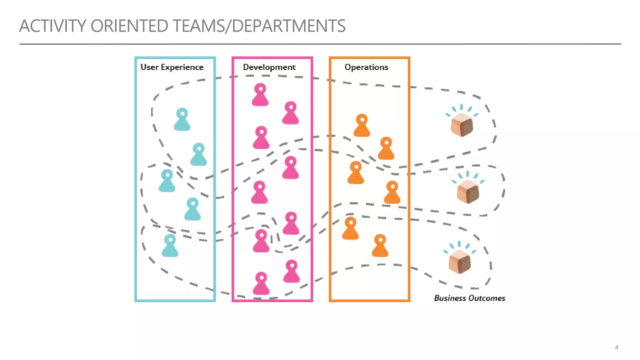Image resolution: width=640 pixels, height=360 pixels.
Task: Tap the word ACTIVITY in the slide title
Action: [52, 26]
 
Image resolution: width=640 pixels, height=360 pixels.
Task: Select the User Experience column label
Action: [172, 67]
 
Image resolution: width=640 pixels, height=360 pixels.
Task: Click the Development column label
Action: [269, 67]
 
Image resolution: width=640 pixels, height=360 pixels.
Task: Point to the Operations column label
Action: [366, 67]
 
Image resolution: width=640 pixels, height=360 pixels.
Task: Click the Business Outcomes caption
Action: [469, 298]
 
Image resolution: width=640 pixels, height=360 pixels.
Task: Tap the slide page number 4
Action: [616, 347]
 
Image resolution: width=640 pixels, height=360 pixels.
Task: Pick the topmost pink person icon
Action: [260, 95]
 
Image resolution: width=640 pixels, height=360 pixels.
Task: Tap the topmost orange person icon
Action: [362, 126]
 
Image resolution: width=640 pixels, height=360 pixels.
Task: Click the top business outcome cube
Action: [462, 125]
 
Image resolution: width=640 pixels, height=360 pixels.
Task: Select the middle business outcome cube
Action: [468, 191]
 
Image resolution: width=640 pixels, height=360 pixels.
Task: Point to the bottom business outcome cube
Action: [459, 262]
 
